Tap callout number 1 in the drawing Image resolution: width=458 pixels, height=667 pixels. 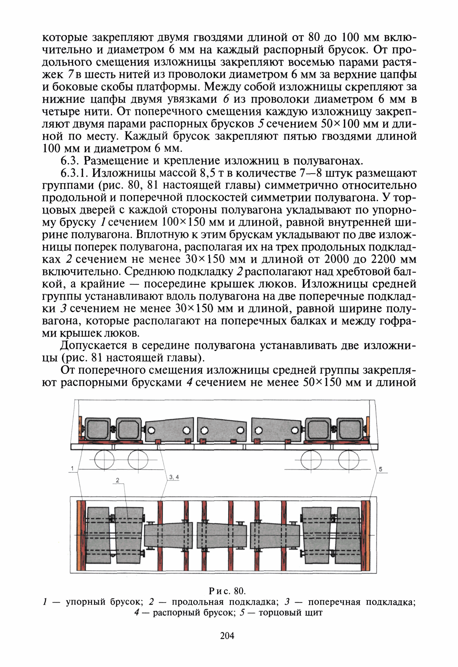(x=72, y=469)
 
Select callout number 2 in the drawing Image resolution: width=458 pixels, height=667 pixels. (x=117, y=480)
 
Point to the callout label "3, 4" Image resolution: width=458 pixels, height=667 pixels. (x=174, y=477)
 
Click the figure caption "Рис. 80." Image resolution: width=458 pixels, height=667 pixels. (x=227, y=591)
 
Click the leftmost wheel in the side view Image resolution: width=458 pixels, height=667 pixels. (x=104, y=460)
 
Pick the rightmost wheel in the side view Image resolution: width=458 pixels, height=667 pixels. (x=349, y=460)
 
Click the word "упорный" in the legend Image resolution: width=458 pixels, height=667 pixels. (x=86, y=602)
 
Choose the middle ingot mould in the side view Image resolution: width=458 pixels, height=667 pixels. (x=222, y=430)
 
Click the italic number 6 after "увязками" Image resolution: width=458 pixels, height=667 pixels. (x=226, y=99)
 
